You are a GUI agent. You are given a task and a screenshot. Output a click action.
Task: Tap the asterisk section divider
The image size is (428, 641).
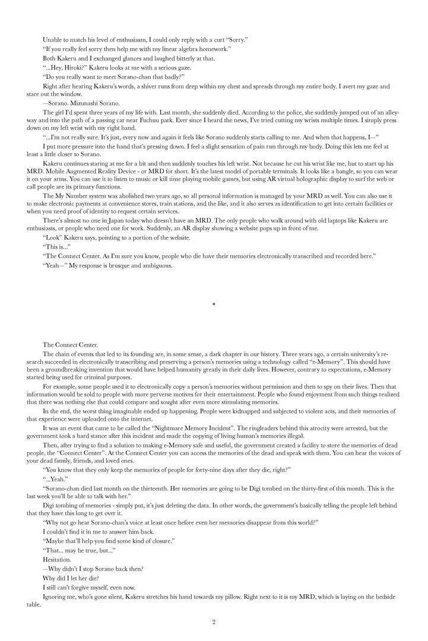pyautogui.click(x=214, y=304)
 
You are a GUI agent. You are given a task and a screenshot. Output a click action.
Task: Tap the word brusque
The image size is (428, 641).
pyautogui.click(x=132, y=265)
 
